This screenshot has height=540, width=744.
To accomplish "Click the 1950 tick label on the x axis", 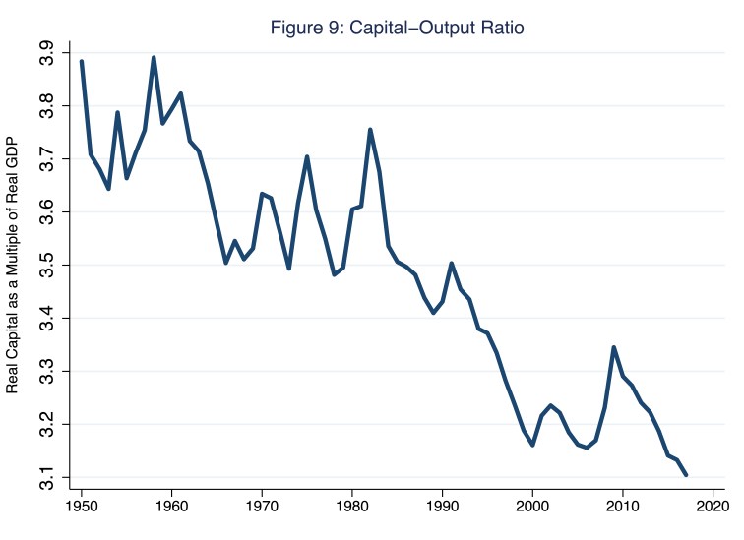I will pyautogui.click(x=82, y=508).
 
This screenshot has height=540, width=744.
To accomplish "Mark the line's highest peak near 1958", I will pyautogui.click(x=154, y=57).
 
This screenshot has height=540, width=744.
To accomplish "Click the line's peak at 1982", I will pyautogui.click(x=370, y=129).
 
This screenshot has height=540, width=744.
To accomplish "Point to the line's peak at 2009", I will pyautogui.click(x=614, y=347).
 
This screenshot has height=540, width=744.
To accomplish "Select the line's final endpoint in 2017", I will pyautogui.click(x=686, y=475).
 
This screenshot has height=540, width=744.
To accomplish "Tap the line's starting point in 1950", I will pyautogui.click(x=82, y=61).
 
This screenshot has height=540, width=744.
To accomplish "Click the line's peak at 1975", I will pyautogui.click(x=307, y=156).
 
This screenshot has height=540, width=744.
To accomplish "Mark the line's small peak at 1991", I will pyautogui.click(x=452, y=263).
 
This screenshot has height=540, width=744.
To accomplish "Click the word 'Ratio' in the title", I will pyautogui.click(x=501, y=29).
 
